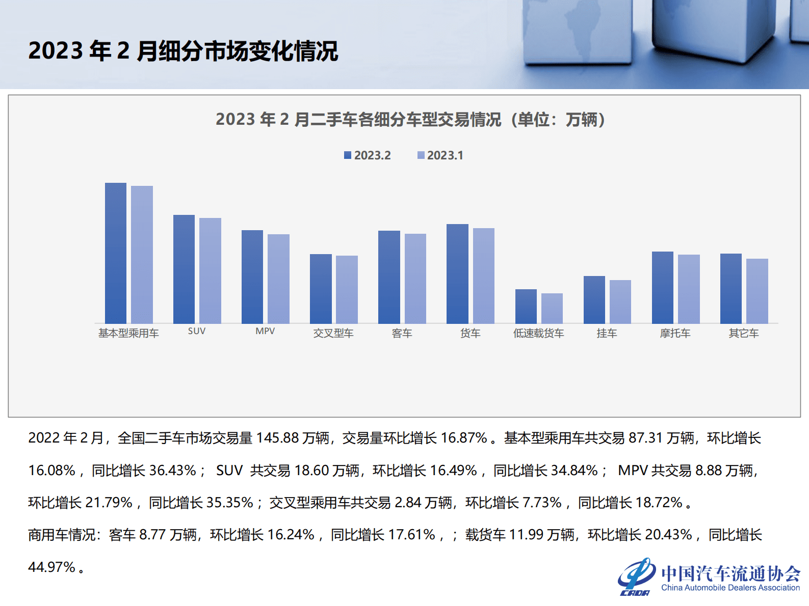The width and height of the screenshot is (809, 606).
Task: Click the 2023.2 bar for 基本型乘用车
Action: coord(116,253)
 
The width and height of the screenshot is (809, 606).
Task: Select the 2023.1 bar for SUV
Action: coord(210,270)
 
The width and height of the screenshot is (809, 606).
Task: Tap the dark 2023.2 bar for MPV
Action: coord(252,277)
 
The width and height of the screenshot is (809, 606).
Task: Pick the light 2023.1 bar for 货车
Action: coord(483,276)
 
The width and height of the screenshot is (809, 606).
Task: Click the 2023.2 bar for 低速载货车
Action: coord(526,306)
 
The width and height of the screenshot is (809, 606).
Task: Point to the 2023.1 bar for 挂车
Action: coord(620,301)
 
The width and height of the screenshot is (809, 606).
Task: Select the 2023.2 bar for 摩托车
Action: coord(662,287)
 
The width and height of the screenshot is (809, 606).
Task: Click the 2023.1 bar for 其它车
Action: coord(757,291)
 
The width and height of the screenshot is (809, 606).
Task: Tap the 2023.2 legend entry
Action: coord(368,155)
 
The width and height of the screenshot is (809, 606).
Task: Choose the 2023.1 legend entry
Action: coord(440,155)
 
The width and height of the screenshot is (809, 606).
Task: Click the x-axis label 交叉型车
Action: coord(333,333)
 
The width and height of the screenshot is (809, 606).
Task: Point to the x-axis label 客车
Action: coord(402,333)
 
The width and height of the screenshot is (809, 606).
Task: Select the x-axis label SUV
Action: coord(197,331)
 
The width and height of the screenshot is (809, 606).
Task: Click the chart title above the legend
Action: coord(410,120)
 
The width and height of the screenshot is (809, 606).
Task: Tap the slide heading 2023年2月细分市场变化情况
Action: coord(183,51)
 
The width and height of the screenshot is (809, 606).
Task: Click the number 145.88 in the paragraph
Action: coord(277,438)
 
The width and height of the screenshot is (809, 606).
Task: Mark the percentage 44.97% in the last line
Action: coord(51,567)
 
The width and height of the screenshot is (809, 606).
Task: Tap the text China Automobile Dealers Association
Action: coord(730,588)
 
